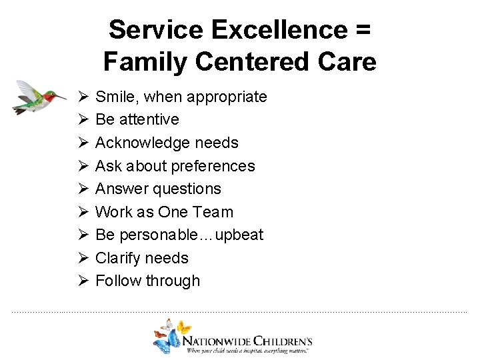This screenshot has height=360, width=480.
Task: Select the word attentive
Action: (x=147, y=119)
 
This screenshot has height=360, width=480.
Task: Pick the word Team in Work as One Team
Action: (x=214, y=212)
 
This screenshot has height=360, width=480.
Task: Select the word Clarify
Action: (x=117, y=258)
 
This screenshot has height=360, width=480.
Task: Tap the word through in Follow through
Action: (x=174, y=281)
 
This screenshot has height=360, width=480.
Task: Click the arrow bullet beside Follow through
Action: (x=83, y=281)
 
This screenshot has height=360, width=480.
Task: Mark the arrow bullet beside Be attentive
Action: (x=83, y=119)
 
